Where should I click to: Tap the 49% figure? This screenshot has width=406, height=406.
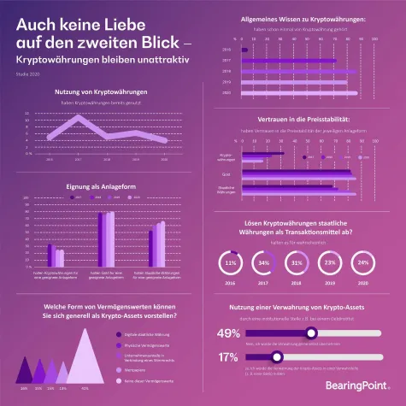tap(228, 333)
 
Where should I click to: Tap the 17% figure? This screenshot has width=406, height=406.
tap(228, 357)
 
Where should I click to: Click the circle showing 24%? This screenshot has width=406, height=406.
tap(362, 262)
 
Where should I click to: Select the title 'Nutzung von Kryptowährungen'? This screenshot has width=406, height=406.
tap(101, 91)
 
